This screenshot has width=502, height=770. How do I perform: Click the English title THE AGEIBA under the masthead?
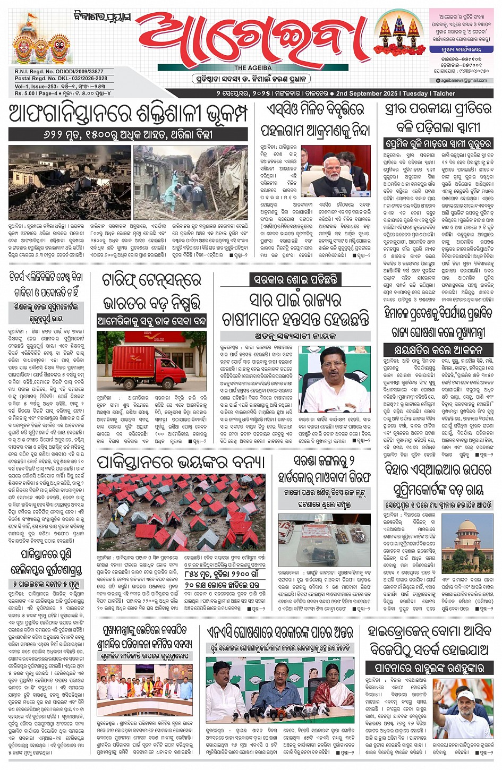(x=253, y=68)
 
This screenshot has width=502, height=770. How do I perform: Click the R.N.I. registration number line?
(x=59, y=71)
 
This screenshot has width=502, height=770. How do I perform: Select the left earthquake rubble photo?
(x=70, y=182)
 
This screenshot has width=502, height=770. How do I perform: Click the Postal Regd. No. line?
(x=61, y=79)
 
